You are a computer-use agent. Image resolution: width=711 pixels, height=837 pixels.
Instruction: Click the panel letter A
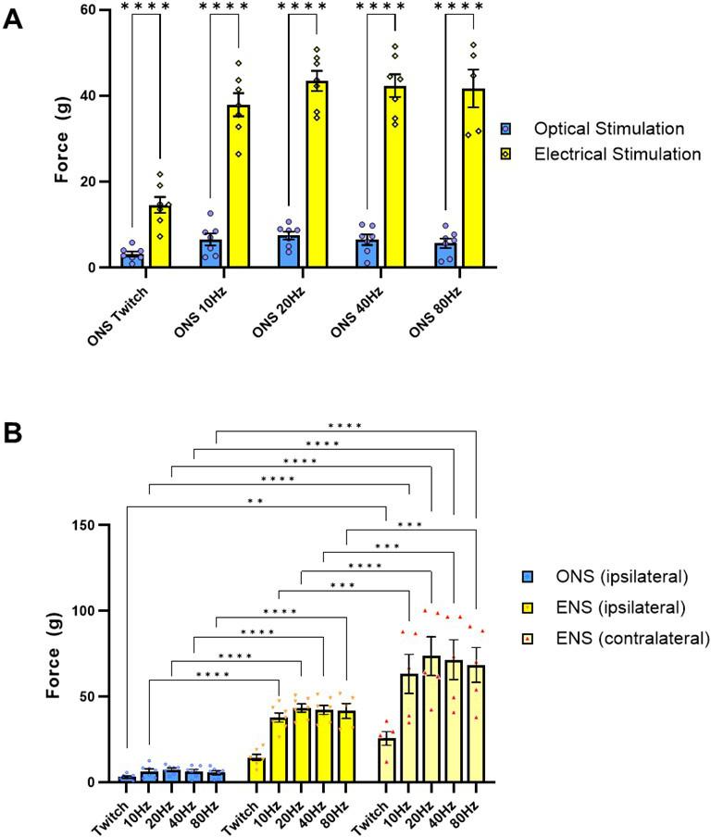click(x=13, y=19)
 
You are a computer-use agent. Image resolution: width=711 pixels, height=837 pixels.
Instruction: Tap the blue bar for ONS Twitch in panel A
click(x=133, y=259)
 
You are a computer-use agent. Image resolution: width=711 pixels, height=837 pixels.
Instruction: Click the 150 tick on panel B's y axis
click(x=90, y=525)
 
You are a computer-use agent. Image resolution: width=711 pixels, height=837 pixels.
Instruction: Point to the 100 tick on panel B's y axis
click(x=90, y=611)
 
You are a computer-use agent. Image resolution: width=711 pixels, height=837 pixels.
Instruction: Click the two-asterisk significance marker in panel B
click(x=256, y=502)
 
